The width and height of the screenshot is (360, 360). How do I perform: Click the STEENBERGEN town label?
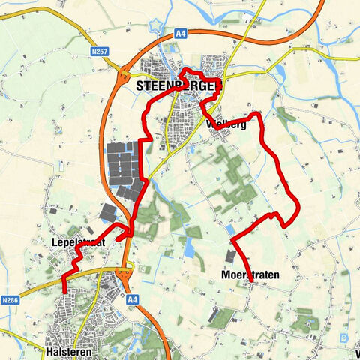coord(180,86)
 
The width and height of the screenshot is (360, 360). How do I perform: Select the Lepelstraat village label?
coord(77,243)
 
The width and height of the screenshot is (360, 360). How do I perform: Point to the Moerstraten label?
coord(250,275)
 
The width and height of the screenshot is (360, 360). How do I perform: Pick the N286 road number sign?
coord(10,300)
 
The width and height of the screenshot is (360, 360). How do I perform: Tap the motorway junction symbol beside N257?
coord(121,73)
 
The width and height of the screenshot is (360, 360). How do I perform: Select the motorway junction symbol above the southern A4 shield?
coord(130,265)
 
